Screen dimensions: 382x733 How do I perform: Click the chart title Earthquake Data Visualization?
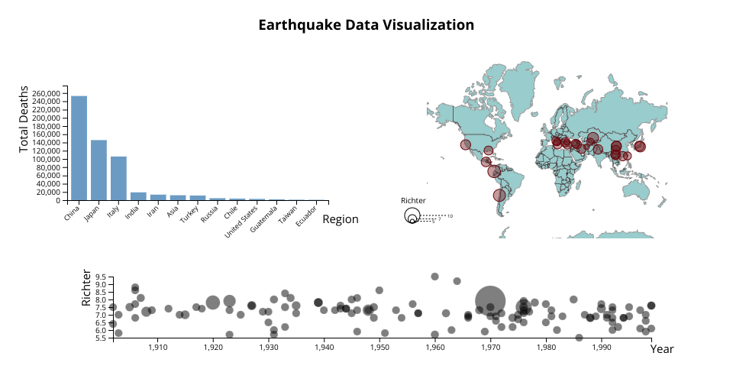point(366,25)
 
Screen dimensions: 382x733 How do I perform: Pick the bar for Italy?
point(118,178)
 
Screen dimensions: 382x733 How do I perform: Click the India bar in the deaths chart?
point(138,196)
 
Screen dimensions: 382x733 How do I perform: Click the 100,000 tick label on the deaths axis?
point(47,159)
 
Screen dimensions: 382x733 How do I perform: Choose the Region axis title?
point(340,219)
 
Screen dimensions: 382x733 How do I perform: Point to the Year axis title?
point(662,348)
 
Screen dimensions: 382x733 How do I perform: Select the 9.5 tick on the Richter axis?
point(99,277)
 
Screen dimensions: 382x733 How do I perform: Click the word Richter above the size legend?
point(413,200)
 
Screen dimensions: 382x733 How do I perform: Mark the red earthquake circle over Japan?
point(640,147)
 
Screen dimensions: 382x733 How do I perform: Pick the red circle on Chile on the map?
point(499,195)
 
